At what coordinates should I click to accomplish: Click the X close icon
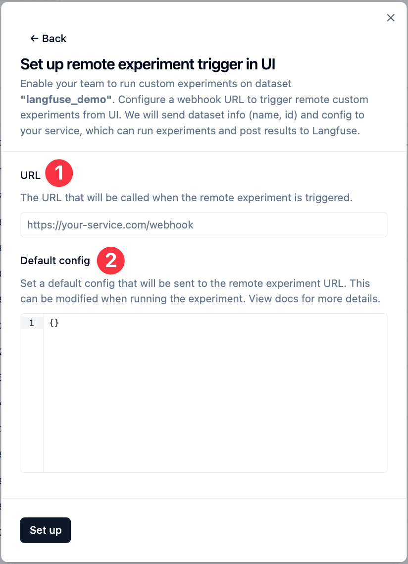click(391, 18)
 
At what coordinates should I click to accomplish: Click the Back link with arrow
click(48, 39)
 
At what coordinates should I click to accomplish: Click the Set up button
click(46, 530)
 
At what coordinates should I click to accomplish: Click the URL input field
click(204, 225)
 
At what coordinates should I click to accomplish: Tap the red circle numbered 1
click(59, 173)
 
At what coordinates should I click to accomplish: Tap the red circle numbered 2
click(110, 260)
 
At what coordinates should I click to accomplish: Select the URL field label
click(30, 175)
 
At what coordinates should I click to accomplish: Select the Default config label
click(55, 261)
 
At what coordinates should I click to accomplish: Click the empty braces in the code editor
click(54, 323)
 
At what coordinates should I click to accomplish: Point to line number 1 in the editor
click(32, 323)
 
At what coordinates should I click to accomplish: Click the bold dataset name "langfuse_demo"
click(66, 100)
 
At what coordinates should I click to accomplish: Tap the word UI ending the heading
click(265, 64)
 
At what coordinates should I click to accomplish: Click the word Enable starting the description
click(36, 84)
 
